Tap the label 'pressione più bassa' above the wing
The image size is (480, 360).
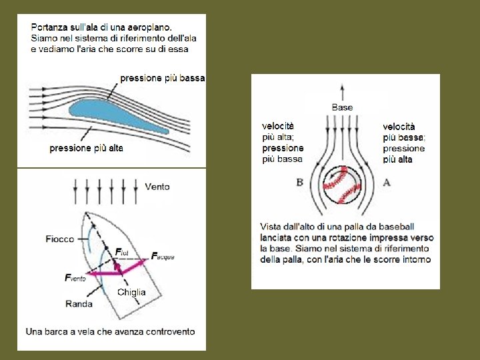162,78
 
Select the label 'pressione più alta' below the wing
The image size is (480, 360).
86,148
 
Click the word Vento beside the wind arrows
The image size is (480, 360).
157,187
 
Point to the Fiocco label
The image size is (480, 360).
60,239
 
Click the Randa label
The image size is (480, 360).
79,304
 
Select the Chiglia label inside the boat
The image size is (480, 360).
131,292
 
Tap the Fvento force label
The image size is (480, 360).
75,278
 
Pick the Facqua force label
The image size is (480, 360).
163,256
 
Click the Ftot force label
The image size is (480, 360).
121,251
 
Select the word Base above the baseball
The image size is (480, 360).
342,107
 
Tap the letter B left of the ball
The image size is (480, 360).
299,182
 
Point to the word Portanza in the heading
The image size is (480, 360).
49,27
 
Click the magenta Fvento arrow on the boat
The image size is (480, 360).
100,273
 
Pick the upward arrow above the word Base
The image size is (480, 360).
342,92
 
